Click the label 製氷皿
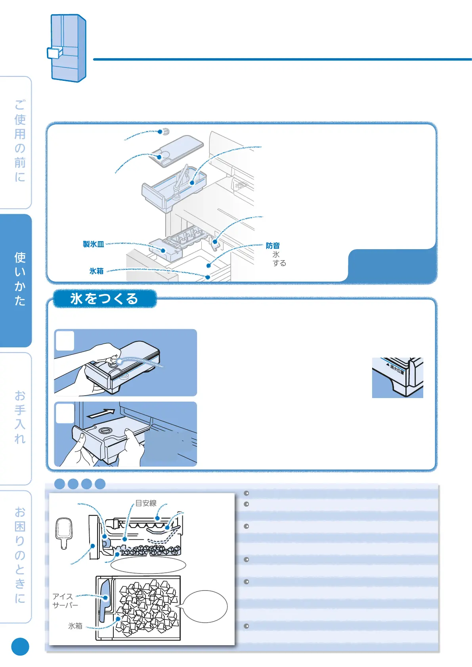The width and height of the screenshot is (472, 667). coord(94,244)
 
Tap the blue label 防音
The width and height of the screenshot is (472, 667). coord(273,246)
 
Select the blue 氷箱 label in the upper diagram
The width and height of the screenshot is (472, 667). coord(96,271)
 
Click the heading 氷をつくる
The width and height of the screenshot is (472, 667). coord(104,299)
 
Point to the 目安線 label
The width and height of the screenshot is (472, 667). coord(146,503)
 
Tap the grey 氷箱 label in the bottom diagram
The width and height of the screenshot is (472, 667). coord(75,626)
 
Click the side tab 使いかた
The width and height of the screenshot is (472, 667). coord(20,279)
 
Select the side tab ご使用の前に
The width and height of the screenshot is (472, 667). coord(20,141)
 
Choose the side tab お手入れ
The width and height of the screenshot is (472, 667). coord(20,417)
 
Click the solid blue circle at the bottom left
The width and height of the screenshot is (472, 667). coord(20,646)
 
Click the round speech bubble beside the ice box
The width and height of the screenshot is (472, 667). coord(205,606)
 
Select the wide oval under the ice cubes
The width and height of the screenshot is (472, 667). coord(148,565)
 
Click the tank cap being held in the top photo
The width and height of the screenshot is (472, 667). coord(115,362)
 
